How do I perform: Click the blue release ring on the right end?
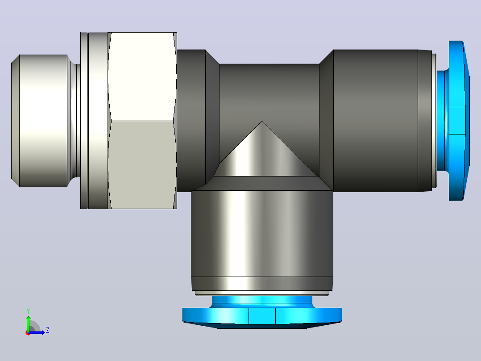coord(459,121)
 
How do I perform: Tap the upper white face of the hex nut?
coord(142,76)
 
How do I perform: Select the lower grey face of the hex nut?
coord(142,165)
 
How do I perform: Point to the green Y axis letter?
coord(28,311)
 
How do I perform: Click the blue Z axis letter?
coord(48,330)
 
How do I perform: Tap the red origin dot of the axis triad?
coord(28,333)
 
